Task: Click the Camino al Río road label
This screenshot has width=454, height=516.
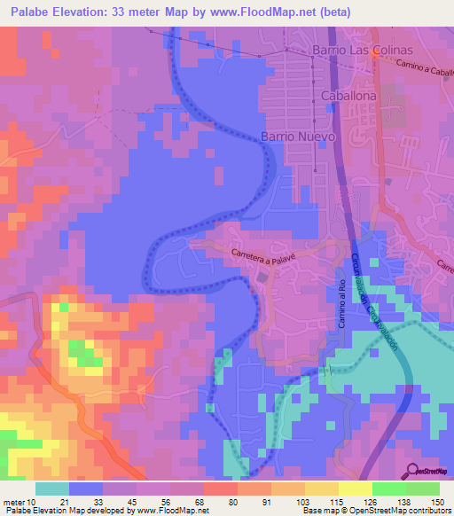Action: point(340,304)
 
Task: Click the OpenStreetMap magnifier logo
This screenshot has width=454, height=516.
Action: point(411,472)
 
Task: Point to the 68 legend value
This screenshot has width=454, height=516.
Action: point(204,501)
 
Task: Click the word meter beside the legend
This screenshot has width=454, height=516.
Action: point(13,501)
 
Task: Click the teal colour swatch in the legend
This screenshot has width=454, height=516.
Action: point(52,489)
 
